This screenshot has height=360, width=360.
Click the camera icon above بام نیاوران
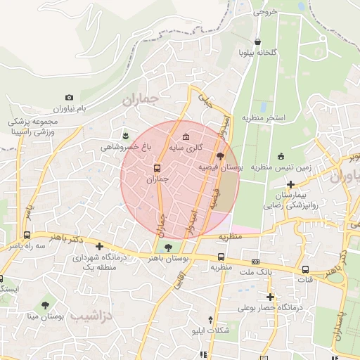(69, 98)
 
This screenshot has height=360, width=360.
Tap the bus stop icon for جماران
(157, 168)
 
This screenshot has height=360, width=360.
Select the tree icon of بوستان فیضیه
(221, 156)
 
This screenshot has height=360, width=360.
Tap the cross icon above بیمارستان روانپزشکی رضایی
(290, 184)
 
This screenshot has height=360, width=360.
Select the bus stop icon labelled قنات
(305, 269)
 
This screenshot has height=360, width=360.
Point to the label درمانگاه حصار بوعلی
(269, 307)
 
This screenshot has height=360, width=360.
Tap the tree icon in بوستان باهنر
(168, 245)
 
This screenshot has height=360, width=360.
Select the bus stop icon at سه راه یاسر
(27, 236)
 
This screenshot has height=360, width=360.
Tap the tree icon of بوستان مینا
(46, 305)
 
